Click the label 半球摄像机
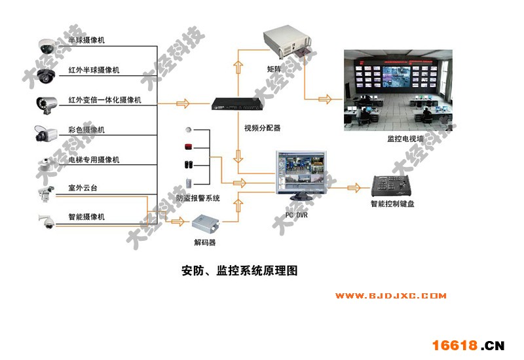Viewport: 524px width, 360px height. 86,41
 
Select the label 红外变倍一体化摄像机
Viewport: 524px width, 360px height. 104,100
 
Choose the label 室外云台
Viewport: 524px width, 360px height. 83,189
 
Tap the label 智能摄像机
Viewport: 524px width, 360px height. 86,217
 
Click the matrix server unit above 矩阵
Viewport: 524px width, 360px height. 286,43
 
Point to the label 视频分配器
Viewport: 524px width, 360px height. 262,128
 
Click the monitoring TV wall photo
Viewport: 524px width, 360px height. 400,88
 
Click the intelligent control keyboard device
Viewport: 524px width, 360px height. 392,186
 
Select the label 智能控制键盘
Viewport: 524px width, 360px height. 392,204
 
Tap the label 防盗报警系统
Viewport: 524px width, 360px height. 198,198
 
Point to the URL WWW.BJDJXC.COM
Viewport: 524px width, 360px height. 392,296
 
